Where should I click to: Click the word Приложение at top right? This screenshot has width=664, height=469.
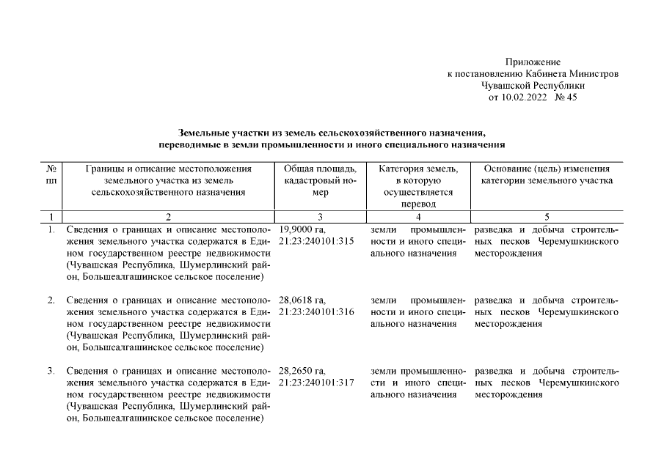click(x=533, y=62)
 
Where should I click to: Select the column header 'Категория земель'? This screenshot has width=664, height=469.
click(x=418, y=169)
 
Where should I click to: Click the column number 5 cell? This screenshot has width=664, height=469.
click(x=547, y=217)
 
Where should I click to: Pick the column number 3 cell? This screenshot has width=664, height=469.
click(x=319, y=217)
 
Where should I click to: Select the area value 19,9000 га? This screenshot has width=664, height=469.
click(x=302, y=229)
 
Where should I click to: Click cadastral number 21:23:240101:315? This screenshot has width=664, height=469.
click(x=317, y=241)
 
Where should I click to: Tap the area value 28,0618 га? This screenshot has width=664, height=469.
click(x=302, y=300)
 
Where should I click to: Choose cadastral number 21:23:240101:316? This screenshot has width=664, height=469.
click(x=317, y=312)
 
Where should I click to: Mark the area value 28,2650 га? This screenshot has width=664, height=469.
click(x=302, y=372)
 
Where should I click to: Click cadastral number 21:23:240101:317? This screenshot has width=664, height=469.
click(x=317, y=383)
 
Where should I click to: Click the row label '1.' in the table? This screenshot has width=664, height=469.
click(x=51, y=229)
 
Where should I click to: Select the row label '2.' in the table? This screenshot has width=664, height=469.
click(x=51, y=300)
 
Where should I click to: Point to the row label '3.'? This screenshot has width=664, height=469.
click(x=51, y=372)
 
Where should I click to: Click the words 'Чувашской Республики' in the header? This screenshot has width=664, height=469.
click(x=533, y=86)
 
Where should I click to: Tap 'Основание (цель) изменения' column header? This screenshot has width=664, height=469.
click(x=547, y=169)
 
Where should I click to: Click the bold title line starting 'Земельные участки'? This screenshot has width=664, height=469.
click(x=332, y=133)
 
